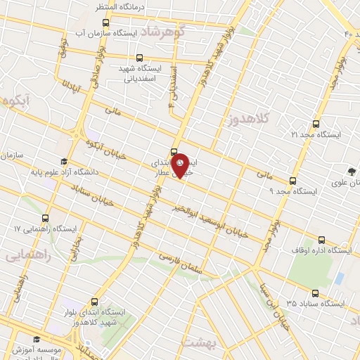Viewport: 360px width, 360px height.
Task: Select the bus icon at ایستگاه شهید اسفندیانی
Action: click(x=139, y=58)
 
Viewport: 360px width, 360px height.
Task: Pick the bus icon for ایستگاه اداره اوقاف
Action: click(x=322, y=239)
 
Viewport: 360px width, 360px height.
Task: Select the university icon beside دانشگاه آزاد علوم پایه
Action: click(x=63, y=161)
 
